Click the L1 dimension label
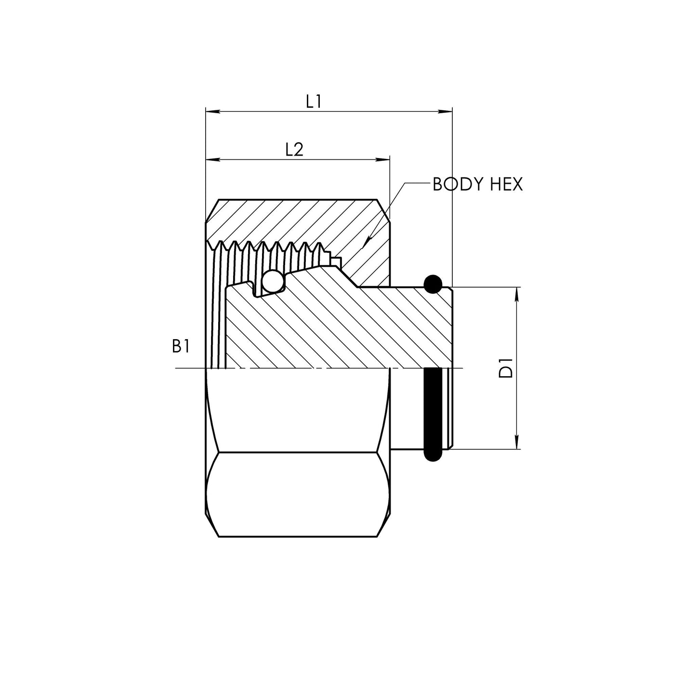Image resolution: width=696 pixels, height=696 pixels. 314,101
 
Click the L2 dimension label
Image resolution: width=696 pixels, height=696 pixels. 294,150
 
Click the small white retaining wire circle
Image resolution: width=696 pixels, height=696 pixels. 273,282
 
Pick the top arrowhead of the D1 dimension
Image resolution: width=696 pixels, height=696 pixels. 517,293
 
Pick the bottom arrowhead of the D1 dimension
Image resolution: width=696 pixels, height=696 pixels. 517,443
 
